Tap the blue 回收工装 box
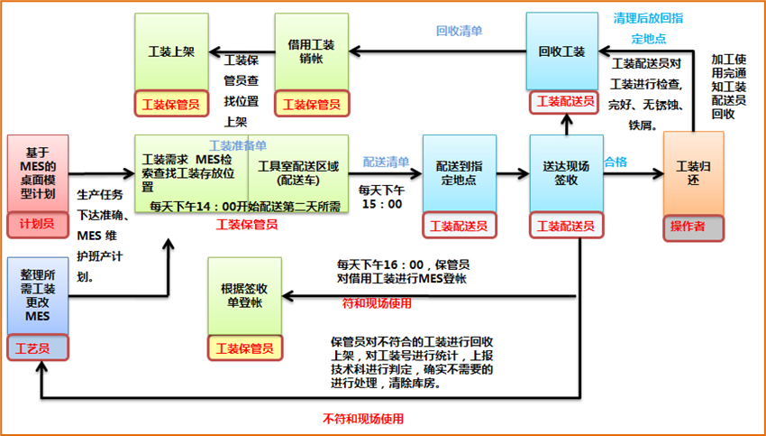[x=562, y=51]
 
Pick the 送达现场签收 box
[x=565, y=173]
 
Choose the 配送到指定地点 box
[x=459, y=173]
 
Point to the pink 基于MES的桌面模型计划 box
[x=37, y=173]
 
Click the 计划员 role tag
[x=37, y=223]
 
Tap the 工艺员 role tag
[x=37, y=346]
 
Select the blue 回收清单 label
[x=459, y=31]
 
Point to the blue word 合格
[x=615, y=162]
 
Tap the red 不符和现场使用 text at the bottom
[x=363, y=419]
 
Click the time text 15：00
[x=380, y=204]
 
